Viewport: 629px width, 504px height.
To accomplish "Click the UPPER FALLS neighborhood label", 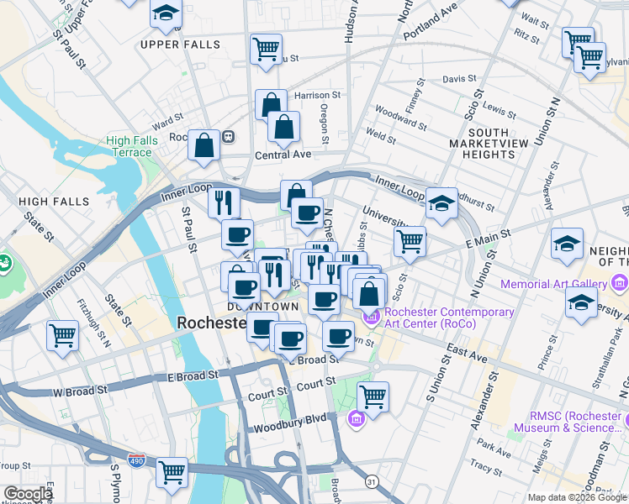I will tap(180, 45).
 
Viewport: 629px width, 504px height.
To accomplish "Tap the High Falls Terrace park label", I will tap(129, 147).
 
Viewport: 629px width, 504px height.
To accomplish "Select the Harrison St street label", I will tap(317, 96).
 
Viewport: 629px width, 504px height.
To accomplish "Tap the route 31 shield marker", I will tap(371, 480).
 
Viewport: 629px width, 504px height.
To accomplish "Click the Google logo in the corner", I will tap(28, 494).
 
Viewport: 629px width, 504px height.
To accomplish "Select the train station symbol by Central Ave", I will tap(228, 136).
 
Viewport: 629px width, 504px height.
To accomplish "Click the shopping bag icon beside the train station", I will tap(204, 144).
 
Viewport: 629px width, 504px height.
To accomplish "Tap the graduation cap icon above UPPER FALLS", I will tap(166, 13).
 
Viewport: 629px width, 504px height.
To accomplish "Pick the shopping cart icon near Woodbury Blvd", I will tap(373, 395).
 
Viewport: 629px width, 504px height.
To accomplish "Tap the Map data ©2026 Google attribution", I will tap(576, 497).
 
